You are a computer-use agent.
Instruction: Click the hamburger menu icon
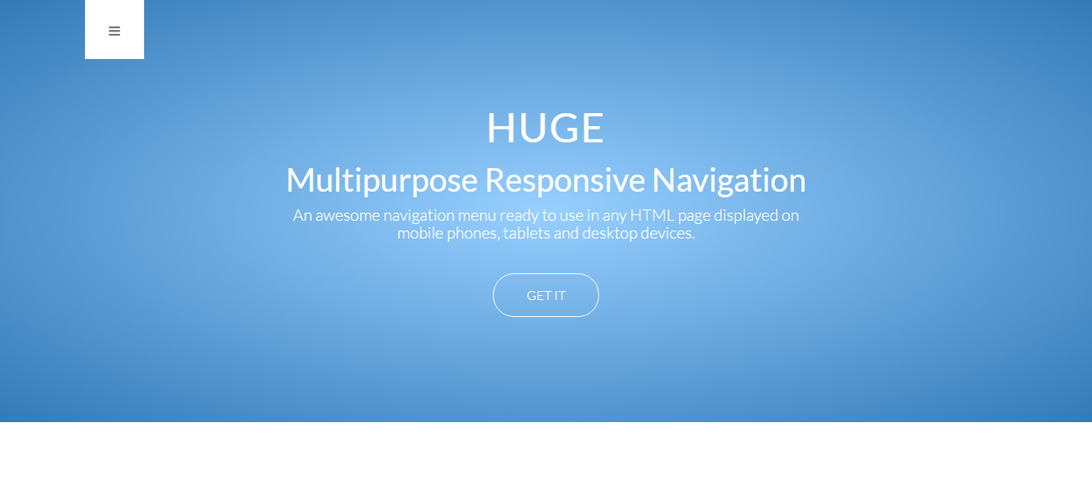pos(114,32)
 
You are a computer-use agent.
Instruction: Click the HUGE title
pos(546,128)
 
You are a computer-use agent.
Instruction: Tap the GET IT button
pos(546,295)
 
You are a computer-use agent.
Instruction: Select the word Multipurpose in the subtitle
pos(382,180)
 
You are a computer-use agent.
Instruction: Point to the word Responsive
pos(565,180)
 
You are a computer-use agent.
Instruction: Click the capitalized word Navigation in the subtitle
pos(729,180)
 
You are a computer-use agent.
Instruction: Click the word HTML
pos(652,215)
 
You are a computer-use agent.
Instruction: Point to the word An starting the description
pos(302,215)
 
